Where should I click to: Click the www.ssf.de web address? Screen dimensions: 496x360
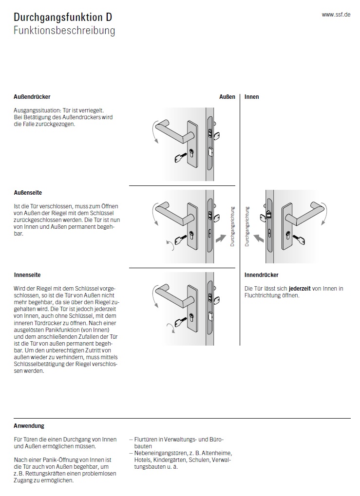[336, 15]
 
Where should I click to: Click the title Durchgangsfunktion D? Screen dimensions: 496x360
[63, 18]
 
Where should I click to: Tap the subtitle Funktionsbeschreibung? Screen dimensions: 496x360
[64, 31]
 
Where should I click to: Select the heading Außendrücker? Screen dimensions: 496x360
[32, 97]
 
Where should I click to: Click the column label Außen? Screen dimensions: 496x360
[227, 97]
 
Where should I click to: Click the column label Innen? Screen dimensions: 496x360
[252, 97]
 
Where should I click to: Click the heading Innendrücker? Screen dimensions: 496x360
[261, 276]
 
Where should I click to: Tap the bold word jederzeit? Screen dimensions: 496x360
[300, 289]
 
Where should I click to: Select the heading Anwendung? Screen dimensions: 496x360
[29, 426]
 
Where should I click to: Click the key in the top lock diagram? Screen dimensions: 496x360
[181, 157]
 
